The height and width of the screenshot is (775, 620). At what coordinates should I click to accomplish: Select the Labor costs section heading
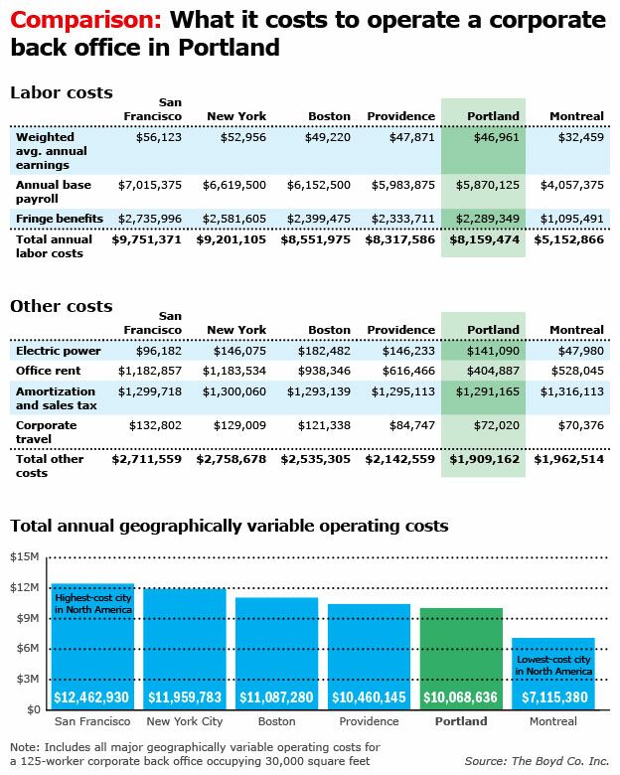click(x=62, y=92)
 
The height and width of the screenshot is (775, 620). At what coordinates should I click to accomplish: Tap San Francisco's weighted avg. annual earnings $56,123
click(x=159, y=137)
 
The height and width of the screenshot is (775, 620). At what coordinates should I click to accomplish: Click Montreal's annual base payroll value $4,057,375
click(x=572, y=185)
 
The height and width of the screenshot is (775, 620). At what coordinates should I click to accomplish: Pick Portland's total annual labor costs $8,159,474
click(x=485, y=239)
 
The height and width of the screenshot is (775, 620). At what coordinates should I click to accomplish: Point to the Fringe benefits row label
click(x=60, y=219)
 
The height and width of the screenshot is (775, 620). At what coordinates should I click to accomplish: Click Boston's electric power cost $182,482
click(x=324, y=351)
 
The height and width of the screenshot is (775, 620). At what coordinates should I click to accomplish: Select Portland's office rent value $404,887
click(x=493, y=371)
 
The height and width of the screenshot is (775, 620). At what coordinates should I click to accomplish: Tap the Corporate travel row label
click(x=46, y=432)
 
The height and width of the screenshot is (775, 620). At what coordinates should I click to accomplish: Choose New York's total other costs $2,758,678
click(x=231, y=459)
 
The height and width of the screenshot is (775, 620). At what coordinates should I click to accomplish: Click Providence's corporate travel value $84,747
click(x=412, y=425)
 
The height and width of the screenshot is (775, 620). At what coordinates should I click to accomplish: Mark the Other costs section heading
click(x=62, y=306)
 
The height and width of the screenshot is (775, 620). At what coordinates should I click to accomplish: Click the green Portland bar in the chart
click(x=461, y=659)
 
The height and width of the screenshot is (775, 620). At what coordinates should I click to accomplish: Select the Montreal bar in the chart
click(x=553, y=675)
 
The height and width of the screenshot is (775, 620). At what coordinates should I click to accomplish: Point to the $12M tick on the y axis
click(x=24, y=587)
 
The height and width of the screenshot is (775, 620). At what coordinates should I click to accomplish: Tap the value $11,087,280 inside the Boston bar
click(x=276, y=697)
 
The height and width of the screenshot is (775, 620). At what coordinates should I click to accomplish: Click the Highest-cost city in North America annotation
click(x=93, y=603)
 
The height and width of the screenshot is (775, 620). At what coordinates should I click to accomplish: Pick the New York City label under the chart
click(x=185, y=721)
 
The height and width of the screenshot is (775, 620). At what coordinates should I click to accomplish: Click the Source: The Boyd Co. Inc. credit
click(x=537, y=761)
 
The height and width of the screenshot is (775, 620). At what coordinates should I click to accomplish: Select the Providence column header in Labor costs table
click(x=401, y=116)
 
